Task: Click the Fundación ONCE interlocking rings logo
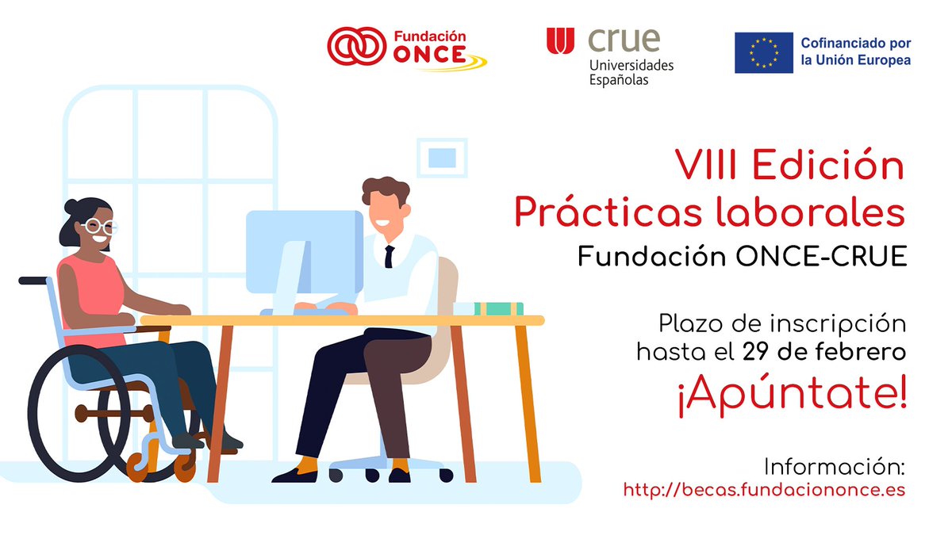tap(356, 48)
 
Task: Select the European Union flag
tap(763, 53)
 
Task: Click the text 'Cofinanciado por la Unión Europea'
tap(856, 52)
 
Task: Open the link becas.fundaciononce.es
tap(764, 490)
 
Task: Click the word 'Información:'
tap(834, 464)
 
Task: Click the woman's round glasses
tap(97, 226)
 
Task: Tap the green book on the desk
tap(499, 308)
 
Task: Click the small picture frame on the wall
tap(442, 157)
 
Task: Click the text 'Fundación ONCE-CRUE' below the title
tap(741, 257)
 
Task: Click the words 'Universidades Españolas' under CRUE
tap(631, 72)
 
